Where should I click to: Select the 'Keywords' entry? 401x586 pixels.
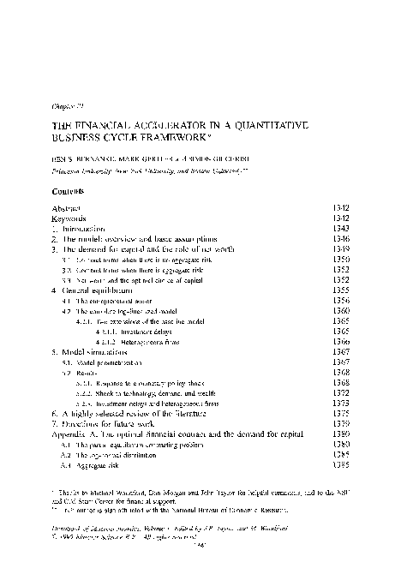(69, 218)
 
